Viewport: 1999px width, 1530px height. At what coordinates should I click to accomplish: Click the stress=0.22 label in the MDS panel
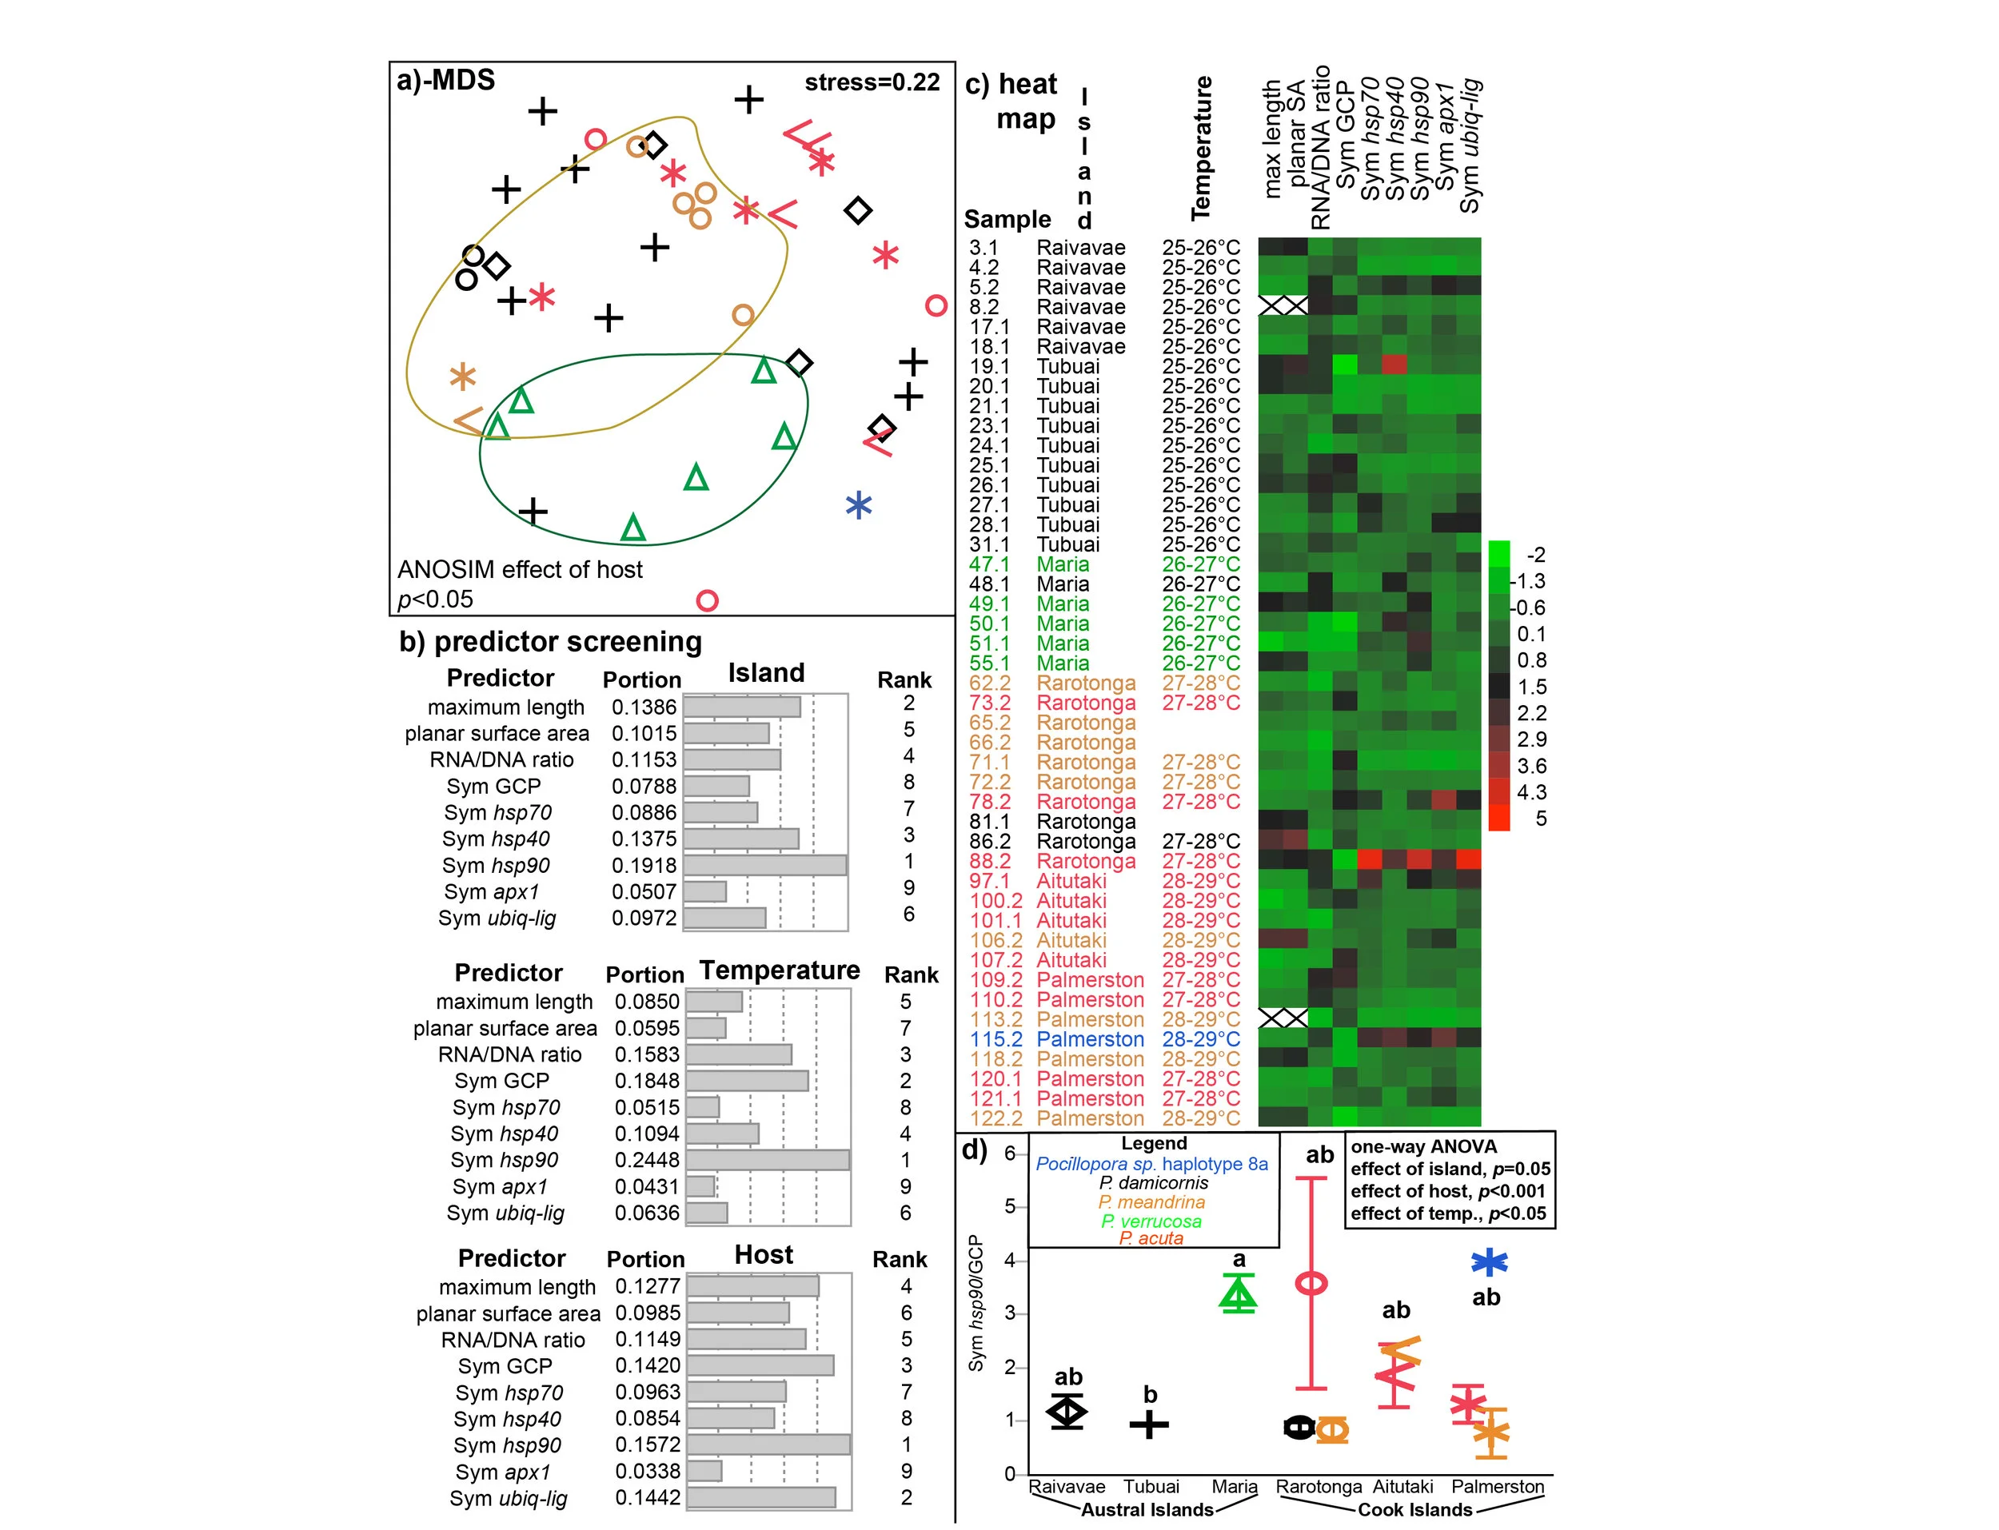[x=871, y=83]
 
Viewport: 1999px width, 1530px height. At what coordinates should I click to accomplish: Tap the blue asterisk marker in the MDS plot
[x=858, y=505]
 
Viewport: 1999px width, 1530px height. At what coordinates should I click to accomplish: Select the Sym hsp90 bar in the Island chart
[x=764, y=865]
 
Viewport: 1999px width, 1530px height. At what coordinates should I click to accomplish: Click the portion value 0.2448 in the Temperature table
[x=647, y=1160]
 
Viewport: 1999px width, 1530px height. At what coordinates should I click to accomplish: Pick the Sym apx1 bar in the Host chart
[x=704, y=1471]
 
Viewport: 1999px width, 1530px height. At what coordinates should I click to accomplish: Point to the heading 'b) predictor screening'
[x=550, y=642]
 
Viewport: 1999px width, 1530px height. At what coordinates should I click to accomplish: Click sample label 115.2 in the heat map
[x=996, y=1039]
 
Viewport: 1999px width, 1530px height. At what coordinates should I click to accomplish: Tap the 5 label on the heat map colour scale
[x=1540, y=819]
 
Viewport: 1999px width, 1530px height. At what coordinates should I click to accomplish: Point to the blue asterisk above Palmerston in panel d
[x=1489, y=1262]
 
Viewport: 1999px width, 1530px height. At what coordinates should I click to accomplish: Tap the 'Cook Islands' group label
[x=1414, y=1510]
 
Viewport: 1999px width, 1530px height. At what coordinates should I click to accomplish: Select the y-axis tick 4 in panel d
[x=1009, y=1261]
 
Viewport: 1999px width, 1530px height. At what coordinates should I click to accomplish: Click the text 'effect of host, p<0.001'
[x=1448, y=1191]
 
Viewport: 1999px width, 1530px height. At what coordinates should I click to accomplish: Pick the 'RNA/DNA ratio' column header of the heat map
[x=1319, y=145]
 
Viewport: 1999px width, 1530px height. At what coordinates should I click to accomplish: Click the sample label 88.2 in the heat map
[x=996, y=862]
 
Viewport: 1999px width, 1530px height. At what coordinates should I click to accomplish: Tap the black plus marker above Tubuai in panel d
[x=1149, y=1424]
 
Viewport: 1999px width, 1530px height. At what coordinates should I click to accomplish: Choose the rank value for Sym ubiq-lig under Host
[x=906, y=1497]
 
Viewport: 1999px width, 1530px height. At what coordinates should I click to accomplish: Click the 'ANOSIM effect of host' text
[x=519, y=570]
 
